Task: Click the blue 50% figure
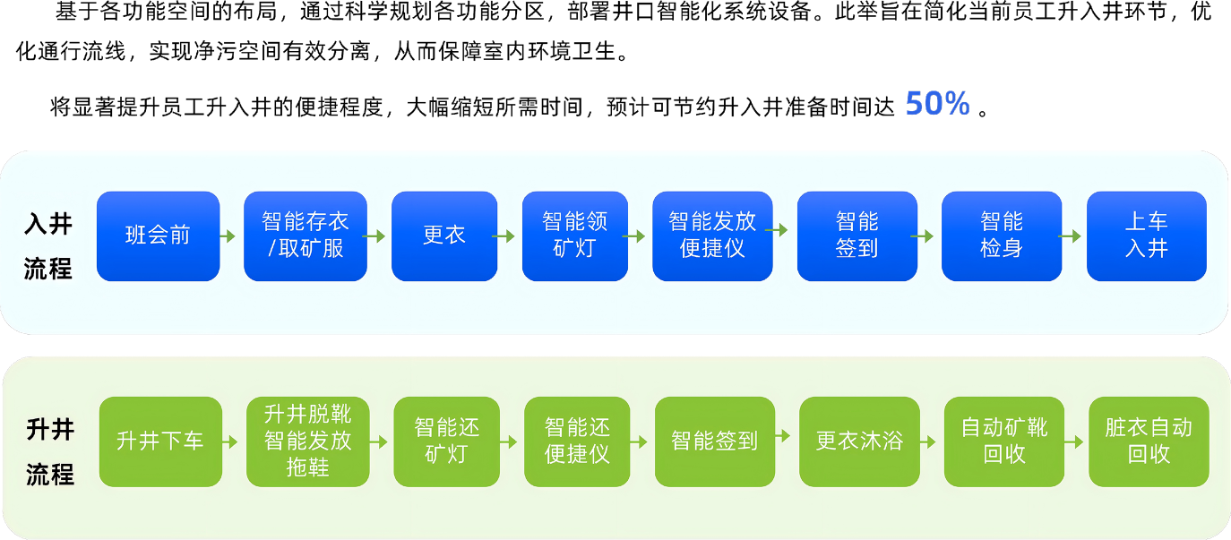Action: click(x=937, y=104)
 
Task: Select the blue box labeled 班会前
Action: click(x=158, y=236)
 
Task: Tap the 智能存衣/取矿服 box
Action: click(x=306, y=236)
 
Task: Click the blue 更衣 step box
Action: click(x=444, y=236)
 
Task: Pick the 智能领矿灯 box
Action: click(x=574, y=236)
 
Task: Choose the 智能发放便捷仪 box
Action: click(x=712, y=236)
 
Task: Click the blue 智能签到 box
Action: click(x=857, y=236)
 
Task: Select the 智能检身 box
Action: click(x=1002, y=236)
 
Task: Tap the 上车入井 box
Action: click(x=1146, y=236)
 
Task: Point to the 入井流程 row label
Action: click(x=48, y=245)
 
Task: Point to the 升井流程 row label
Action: click(x=49, y=451)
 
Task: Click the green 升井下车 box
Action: click(x=160, y=441)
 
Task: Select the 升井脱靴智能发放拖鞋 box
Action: click(x=307, y=441)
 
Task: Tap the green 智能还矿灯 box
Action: click(x=446, y=441)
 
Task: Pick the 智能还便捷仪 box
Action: click(x=577, y=441)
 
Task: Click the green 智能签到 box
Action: click(x=714, y=441)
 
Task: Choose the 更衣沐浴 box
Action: click(x=859, y=441)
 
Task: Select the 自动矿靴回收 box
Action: click(x=1003, y=441)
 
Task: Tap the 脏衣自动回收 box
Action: click(x=1149, y=441)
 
